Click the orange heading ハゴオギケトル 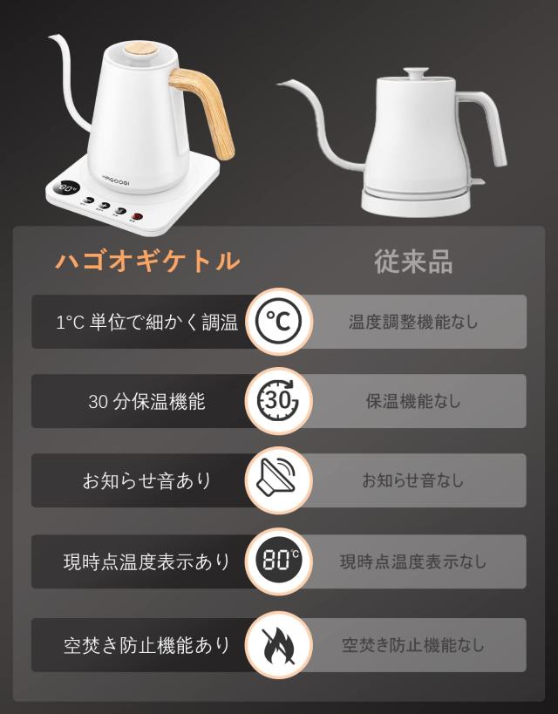(x=147, y=261)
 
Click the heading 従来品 (x=413, y=261)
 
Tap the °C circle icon (x=278, y=322)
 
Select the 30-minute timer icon (x=278, y=401)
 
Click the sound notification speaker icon (x=278, y=480)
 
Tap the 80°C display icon (x=278, y=561)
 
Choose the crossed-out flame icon (x=278, y=645)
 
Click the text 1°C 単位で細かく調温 (x=146, y=323)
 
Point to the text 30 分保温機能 (x=146, y=402)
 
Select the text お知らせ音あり (x=146, y=481)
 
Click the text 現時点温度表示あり (x=146, y=561)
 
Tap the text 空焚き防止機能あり (x=146, y=646)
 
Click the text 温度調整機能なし (x=413, y=323)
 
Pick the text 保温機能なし (x=413, y=402)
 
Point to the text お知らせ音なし (x=413, y=481)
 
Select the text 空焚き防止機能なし (x=413, y=646)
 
